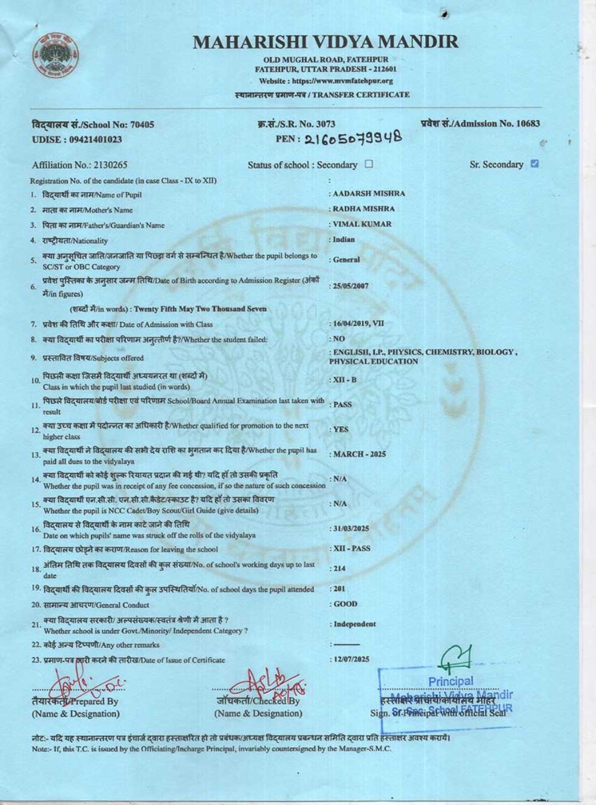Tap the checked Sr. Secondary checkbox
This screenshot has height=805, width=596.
[535, 164]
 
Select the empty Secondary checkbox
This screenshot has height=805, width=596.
[369, 164]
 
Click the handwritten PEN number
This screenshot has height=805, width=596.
[353, 139]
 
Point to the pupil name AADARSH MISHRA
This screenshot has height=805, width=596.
[368, 194]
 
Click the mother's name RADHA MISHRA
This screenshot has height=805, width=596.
[364, 209]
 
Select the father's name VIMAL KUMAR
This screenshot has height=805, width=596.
[362, 224]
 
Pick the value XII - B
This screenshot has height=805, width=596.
[345, 380]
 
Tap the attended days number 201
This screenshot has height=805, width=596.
[339, 589]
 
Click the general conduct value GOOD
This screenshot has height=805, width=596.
[345, 604]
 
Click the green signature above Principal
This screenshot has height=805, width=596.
[456, 658]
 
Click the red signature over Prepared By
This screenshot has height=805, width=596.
[83, 686]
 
